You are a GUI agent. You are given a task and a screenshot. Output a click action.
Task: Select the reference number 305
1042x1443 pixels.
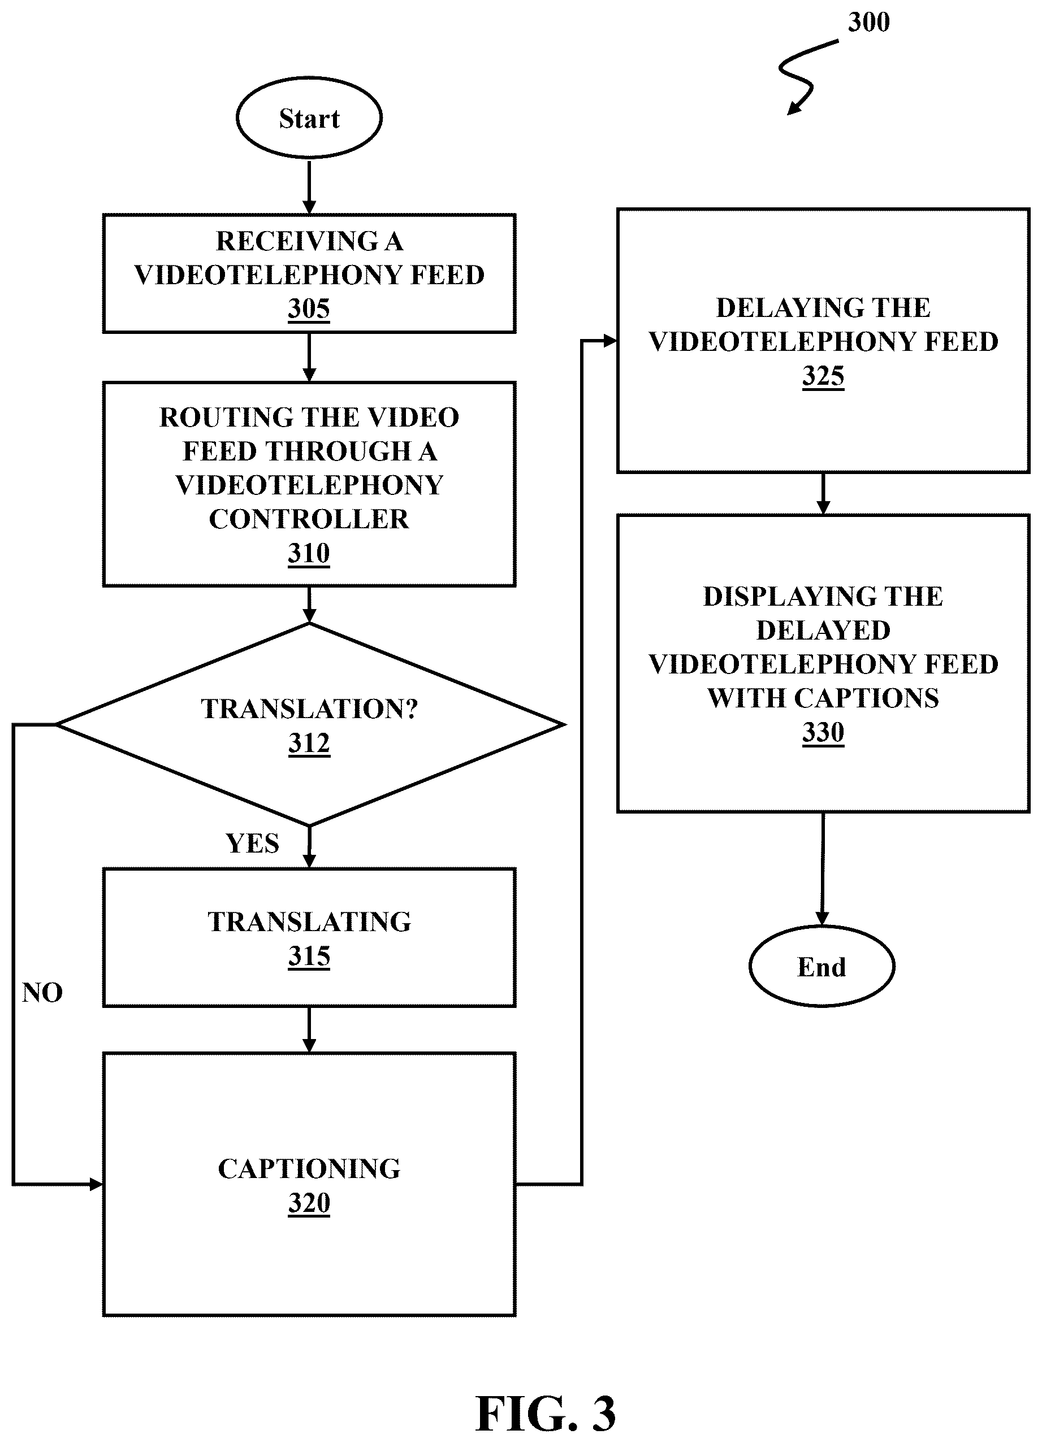click(x=309, y=308)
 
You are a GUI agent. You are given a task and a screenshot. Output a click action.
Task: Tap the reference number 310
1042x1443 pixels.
click(x=309, y=553)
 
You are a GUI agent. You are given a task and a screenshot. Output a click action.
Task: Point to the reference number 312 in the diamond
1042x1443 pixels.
click(x=309, y=742)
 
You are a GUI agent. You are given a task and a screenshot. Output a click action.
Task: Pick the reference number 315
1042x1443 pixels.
click(x=309, y=955)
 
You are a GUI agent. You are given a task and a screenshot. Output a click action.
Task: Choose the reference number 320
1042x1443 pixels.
click(x=309, y=1203)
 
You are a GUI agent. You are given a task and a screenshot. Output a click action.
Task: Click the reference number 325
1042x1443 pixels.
click(x=823, y=376)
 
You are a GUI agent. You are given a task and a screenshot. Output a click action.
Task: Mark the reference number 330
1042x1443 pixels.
click(x=823, y=732)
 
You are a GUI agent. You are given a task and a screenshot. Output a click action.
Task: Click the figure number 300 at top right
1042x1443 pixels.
click(x=869, y=22)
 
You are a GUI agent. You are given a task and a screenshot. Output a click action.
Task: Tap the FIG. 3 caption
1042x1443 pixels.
click(x=546, y=1413)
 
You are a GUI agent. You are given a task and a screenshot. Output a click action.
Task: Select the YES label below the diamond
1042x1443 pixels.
click(x=253, y=844)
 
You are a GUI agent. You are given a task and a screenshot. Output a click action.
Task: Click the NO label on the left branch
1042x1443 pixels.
click(x=42, y=993)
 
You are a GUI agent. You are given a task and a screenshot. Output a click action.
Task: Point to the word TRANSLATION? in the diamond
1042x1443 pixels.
click(x=309, y=709)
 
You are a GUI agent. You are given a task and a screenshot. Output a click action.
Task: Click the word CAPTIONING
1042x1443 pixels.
click(x=309, y=1169)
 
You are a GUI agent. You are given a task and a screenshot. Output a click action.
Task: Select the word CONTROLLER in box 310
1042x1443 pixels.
click(x=309, y=519)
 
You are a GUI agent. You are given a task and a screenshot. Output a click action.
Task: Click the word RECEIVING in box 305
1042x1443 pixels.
click(x=297, y=241)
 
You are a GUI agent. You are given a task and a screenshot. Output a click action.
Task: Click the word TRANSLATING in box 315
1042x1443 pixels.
click(x=309, y=922)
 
